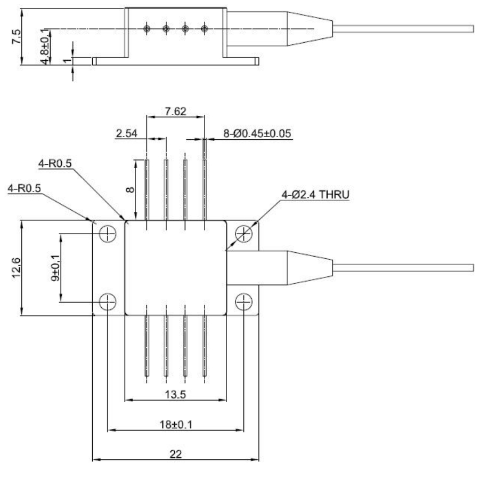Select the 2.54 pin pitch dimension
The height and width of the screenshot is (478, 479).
click(x=126, y=133)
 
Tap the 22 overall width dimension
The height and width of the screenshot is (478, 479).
click(x=175, y=455)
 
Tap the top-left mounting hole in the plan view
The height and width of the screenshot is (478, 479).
click(x=108, y=233)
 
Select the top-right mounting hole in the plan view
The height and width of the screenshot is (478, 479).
click(x=243, y=233)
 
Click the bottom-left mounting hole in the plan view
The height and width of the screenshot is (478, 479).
click(x=108, y=301)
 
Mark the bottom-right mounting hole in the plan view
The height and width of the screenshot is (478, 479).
click(x=243, y=301)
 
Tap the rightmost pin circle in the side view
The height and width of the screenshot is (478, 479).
click(x=205, y=28)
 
